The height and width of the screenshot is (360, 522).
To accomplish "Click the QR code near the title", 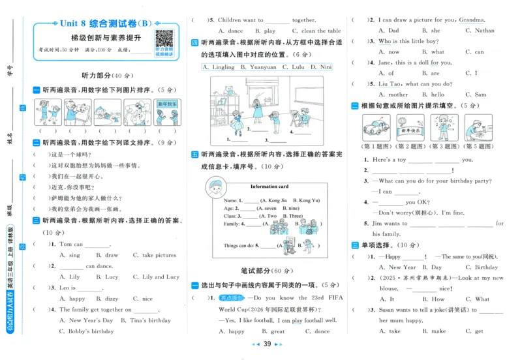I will point(164,38).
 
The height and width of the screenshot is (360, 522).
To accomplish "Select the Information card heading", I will point(269,187).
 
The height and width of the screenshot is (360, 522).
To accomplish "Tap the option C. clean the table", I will point(316,31).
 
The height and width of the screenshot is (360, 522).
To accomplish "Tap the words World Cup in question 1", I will point(224,310).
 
